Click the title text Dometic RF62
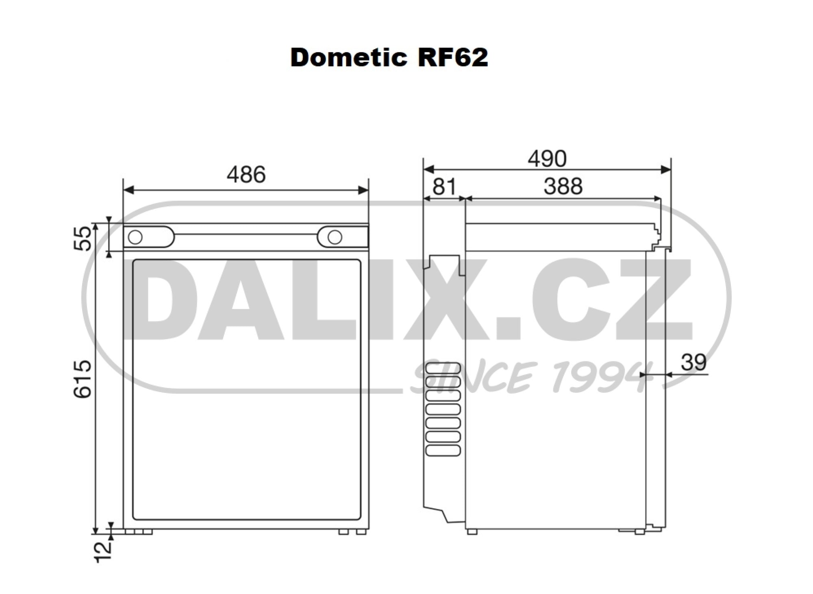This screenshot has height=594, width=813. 389,57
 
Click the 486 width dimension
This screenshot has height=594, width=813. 246,175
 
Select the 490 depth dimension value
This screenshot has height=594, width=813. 547,158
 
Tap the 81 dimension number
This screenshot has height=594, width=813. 444,186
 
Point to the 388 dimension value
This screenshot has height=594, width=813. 563,186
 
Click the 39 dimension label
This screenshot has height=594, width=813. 693,362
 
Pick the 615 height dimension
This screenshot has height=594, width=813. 83,379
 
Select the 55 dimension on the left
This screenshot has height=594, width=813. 83,238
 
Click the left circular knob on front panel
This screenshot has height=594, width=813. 135,237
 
